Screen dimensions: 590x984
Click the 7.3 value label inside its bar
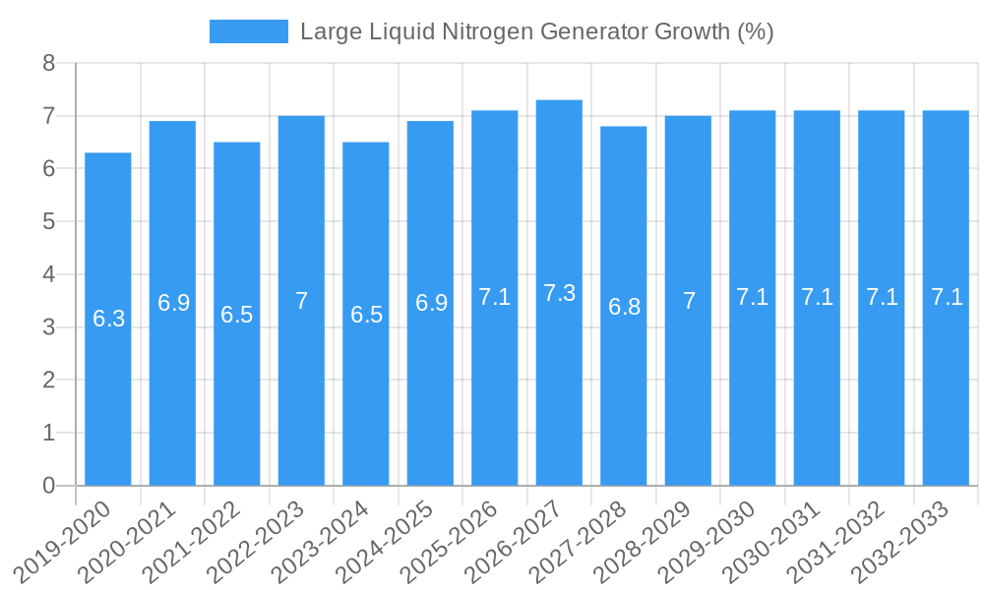click(x=559, y=293)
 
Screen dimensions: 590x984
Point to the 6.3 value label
click(x=108, y=319)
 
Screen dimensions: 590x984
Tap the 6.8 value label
click(x=624, y=307)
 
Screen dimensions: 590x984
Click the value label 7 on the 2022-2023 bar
click(x=301, y=301)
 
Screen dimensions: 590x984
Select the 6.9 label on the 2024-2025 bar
click(x=430, y=303)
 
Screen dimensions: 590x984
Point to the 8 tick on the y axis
click(x=48, y=64)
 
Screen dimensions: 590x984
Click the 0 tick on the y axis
click(x=48, y=486)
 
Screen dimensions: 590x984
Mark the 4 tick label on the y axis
click(x=48, y=274)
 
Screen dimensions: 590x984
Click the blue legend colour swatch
click(x=248, y=31)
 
